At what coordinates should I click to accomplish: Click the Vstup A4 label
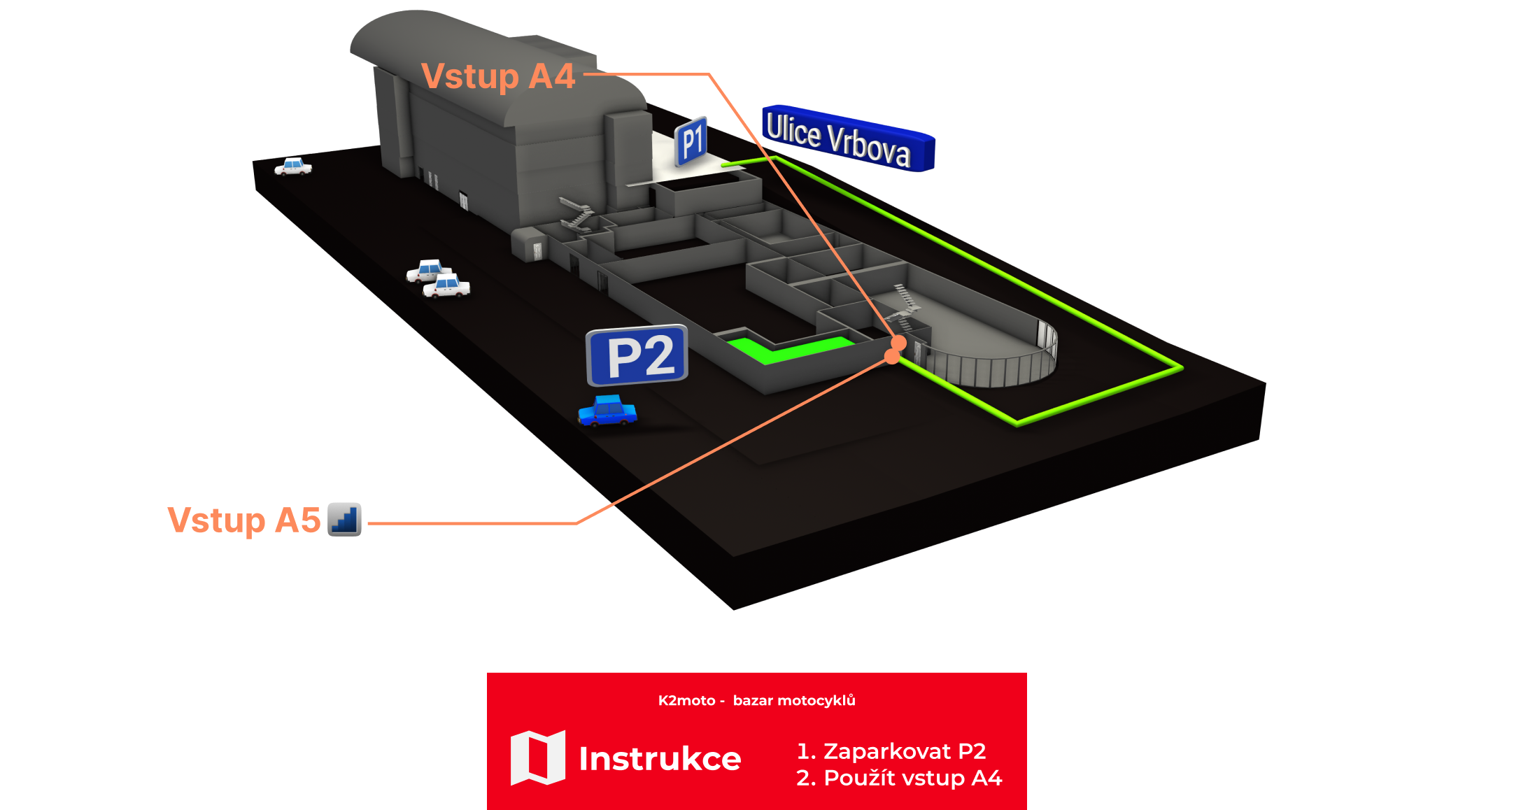(x=498, y=76)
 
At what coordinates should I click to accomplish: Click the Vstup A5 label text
(x=243, y=520)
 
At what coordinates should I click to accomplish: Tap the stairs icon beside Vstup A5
(x=344, y=519)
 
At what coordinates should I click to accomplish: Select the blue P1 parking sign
(x=691, y=141)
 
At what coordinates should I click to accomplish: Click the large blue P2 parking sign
(x=637, y=355)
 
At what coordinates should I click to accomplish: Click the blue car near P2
(x=607, y=411)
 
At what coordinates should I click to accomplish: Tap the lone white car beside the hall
(x=293, y=166)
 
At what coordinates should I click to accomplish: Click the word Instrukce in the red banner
(x=660, y=759)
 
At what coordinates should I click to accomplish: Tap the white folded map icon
(x=537, y=758)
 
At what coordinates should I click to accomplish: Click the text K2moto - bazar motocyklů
(x=756, y=700)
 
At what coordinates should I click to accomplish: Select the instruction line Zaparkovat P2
(x=891, y=751)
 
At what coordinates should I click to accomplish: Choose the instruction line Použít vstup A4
(x=898, y=778)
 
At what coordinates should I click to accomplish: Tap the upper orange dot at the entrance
(x=899, y=343)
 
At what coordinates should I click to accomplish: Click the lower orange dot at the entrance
(x=892, y=357)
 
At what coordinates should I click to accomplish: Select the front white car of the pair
(x=446, y=286)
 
